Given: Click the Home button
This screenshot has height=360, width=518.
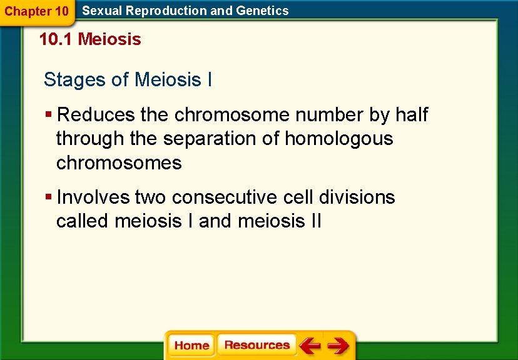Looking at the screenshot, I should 191,346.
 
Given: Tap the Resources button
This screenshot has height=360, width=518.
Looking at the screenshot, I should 256,346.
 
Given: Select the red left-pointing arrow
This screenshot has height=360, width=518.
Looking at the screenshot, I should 310,346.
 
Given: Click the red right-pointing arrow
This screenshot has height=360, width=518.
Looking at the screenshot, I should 338,346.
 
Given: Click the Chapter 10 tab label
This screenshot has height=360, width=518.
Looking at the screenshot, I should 36,11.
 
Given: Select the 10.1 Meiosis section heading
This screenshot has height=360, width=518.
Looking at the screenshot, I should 90,40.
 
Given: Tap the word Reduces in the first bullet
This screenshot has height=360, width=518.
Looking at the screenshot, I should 96,115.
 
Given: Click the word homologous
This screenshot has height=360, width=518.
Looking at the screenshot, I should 338,139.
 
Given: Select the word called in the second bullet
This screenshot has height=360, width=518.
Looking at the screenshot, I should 83,221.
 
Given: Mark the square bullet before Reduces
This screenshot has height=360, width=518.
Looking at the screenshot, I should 49,115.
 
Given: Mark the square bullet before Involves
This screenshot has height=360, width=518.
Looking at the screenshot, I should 49,197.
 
